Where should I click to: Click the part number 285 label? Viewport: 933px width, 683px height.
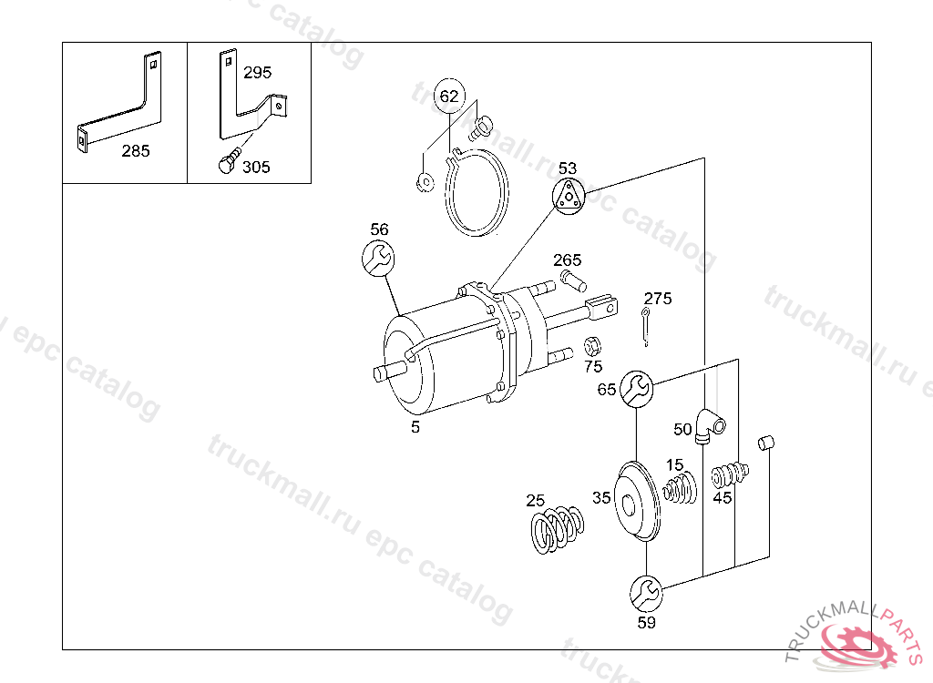tap(136, 151)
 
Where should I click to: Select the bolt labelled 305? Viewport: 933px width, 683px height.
tap(229, 160)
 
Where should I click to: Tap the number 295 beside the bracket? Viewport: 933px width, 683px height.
tap(257, 73)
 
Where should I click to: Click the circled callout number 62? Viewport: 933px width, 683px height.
tap(449, 96)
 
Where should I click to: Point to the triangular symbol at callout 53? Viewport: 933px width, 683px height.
tap(569, 196)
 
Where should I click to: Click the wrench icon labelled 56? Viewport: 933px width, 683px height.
tap(378, 258)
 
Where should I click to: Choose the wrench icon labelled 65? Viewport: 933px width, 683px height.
tap(637, 389)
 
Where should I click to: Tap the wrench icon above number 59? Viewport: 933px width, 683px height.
tap(646, 593)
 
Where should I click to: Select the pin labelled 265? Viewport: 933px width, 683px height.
tap(574, 280)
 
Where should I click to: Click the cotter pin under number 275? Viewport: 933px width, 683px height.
tap(646, 326)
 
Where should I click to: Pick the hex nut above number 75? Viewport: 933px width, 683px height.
tap(591, 346)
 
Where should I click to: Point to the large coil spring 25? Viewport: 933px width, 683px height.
tap(557, 529)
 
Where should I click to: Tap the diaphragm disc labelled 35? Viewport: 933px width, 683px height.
tap(636, 501)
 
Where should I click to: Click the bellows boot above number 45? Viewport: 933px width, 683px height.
tap(730, 474)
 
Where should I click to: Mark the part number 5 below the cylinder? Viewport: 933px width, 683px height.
tap(415, 427)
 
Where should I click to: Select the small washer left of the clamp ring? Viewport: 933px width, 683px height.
tap(425, 181)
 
